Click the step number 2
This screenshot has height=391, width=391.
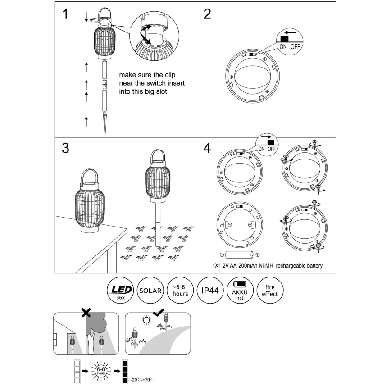pyautogui.click(x=207, y=14)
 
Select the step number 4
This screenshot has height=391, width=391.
pyautogui.click(x=207, y=149)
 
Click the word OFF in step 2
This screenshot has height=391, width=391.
pyautogui.click(x=295, y=46)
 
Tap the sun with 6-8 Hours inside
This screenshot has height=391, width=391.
pyautogui.click(x=102, y=372)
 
